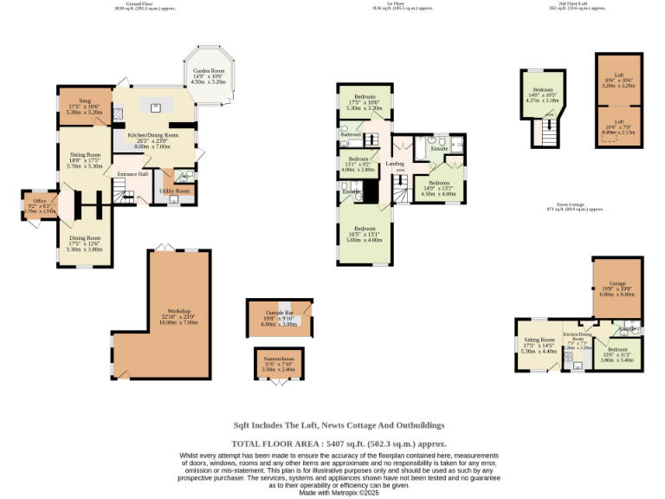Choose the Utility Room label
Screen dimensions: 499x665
pyautogui.click(x=174, y=191)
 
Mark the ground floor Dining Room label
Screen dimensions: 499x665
pyautogui.click(x=85, y=240)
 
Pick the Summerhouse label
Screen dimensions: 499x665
pyautogui.click(x=279, y=363)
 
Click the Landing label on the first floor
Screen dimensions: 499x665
pyautogui.click(x=395, y=164)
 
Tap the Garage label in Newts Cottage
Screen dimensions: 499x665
pyautogui.click(x=617, y=286)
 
